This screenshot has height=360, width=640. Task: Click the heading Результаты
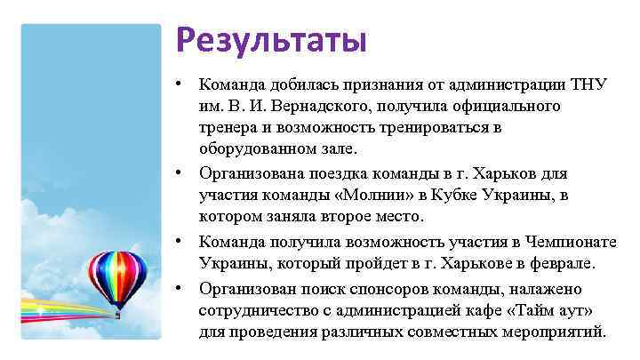coord(270,40)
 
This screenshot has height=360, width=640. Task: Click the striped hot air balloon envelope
coord(117,270)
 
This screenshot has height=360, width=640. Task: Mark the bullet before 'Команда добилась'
coord(180,84)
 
